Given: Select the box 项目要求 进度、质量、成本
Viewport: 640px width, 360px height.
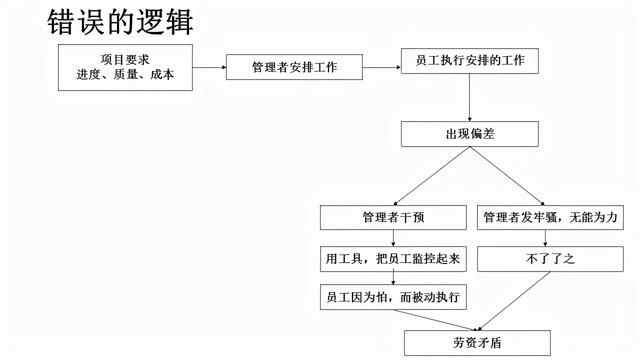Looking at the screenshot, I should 125,66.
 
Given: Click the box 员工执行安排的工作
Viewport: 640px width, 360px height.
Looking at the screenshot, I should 469,61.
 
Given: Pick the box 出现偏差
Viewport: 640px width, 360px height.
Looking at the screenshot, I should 469,134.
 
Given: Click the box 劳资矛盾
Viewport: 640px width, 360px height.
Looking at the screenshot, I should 469,341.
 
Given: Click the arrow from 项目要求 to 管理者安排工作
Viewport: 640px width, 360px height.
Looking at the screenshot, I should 208,67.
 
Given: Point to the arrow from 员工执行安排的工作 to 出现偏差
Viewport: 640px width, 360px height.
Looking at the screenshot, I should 469,98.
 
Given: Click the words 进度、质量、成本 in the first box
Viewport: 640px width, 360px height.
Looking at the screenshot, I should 125,75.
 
